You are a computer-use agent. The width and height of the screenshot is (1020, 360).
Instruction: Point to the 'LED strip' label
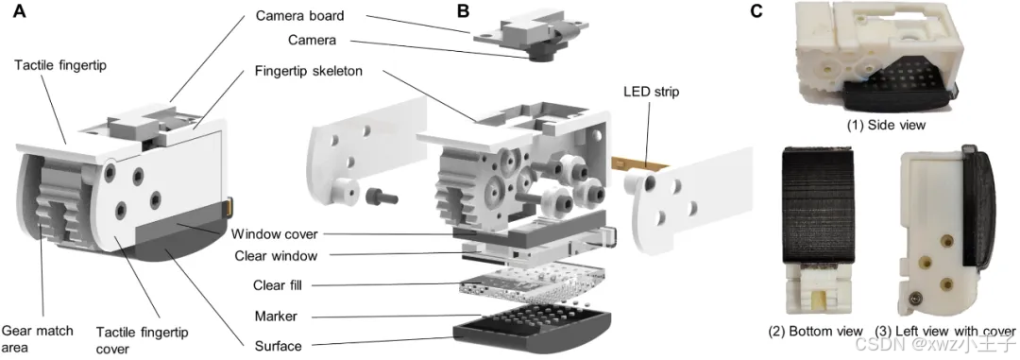(648, 92)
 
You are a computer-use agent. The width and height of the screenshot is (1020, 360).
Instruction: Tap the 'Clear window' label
(276, 256)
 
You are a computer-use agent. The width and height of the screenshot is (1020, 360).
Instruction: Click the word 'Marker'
(277, 317)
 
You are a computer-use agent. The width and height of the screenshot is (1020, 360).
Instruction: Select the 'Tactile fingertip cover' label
(142, 340)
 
